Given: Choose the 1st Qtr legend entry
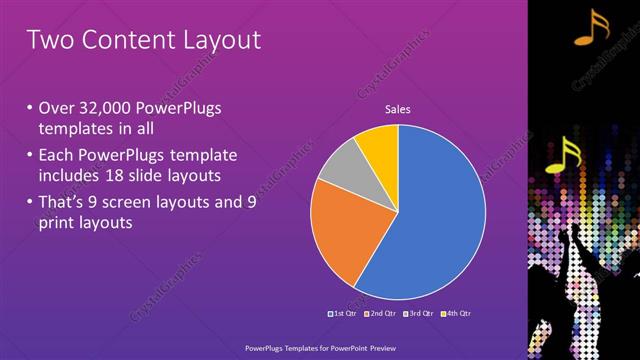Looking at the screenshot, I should click(x=347, y=314).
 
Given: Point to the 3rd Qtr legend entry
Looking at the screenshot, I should click(x=418, y=314).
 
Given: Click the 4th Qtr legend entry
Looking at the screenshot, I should click(x=454, y=314).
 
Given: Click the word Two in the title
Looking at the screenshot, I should click(x=47, y=40).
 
